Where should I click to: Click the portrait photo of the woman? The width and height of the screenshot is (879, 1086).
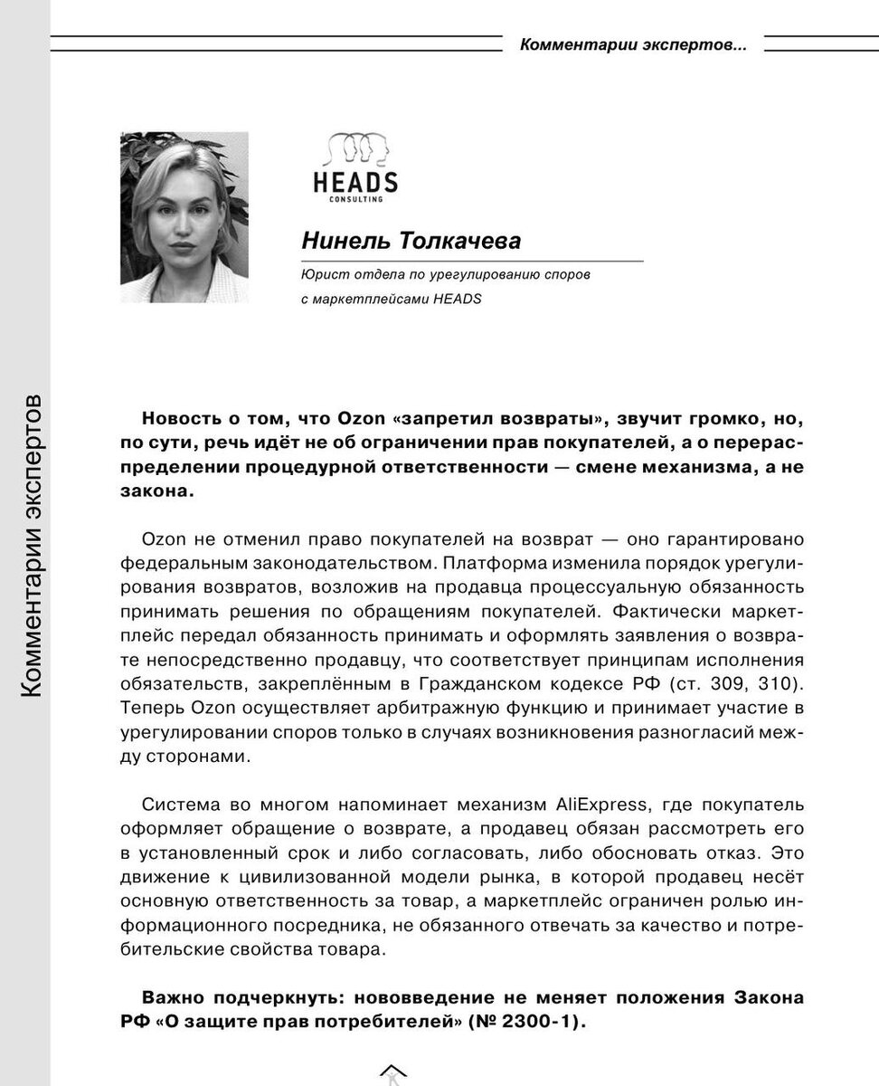tap(184, 217)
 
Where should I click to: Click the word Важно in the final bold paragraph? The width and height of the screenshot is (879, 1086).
tap(173, 998)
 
